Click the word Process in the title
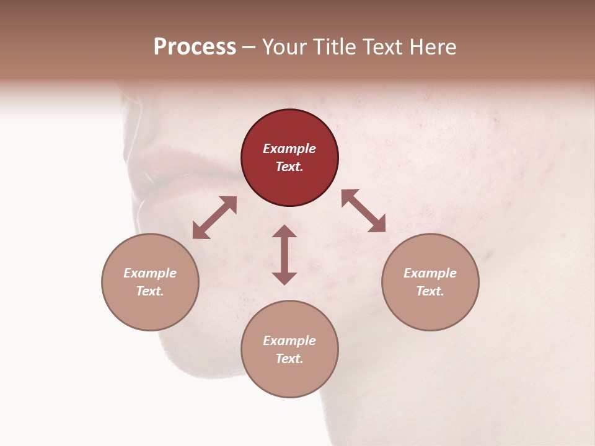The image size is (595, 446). pyautogui.click(x=195, y=47)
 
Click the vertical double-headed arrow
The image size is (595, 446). pyautogui.click(x=284, y=255)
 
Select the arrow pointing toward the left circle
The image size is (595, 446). pyautogui.click(x=214, y=217)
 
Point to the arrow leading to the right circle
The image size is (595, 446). pyautogui.click(x=363, y=211)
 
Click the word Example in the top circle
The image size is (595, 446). pyautogui.click(x=289, y=149)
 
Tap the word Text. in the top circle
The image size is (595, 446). pyautogui.click(x=289, y=167)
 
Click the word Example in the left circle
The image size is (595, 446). pyautogui.click(x=150, y=273)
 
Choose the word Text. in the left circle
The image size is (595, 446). pyautogui.click(x=150, y=291)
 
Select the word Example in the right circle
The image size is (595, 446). pyautogui.click(x=430, y=273)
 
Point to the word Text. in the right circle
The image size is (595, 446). pyautogui.click(x=430, y=291)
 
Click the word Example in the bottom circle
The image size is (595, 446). pyautogui.click(x=289, y=341)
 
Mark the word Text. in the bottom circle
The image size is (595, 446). pyautogui.click(x=289, y=359)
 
